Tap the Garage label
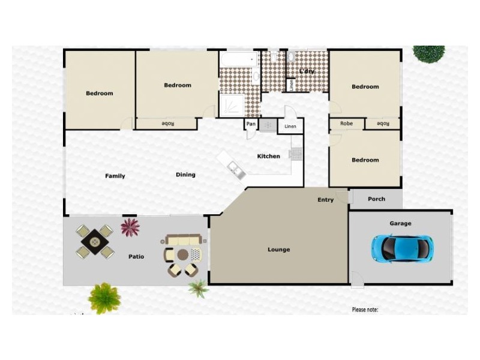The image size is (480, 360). tap(400, 224)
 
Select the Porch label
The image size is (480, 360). tap(376, 199)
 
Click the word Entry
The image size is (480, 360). tap(325, 200)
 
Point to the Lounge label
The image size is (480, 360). tap(278, 250)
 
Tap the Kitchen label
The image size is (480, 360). tap(268, 157)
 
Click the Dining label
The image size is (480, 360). tap(185, 175)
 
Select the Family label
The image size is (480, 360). tap(115, 176)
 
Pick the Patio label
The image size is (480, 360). tap(136, 257)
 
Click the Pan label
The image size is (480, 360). tap(250, 125)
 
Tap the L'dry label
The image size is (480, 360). tap(307, 71)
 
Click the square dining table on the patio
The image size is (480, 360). tap(95, 242)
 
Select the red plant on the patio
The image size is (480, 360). tap(130, 227)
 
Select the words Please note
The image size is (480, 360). tap(365, 310)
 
